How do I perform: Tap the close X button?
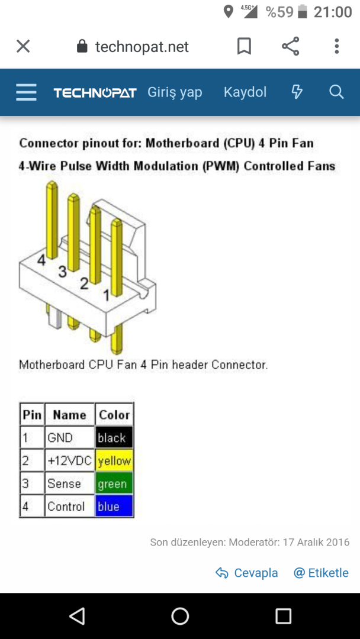tap(23, 47)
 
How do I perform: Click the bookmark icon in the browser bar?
tap(244, 47)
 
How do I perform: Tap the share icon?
tap(290, 47)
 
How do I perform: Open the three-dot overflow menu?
tap(336, 47)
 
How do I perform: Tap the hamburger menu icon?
tap(26, 92)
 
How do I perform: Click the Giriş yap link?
tap(175, 92)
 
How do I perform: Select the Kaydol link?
tap(245, 92)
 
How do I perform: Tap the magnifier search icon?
tap(336, 92)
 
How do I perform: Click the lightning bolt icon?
tap(297, 92)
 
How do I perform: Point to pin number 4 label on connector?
tap(41, 260)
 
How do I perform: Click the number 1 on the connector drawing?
tap(107, 295)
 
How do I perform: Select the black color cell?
tap(114, 438)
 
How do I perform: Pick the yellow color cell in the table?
tap(114, 461)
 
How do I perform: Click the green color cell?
tap(114, 484)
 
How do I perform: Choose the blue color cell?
tap(114, 506)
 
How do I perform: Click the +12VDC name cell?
tap(69, 461)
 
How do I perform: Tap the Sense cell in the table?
tap(65, 484)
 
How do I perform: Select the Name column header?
tap(69, 415)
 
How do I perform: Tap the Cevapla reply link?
tap(247, 573)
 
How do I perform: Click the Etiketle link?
tap(322, 573)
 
